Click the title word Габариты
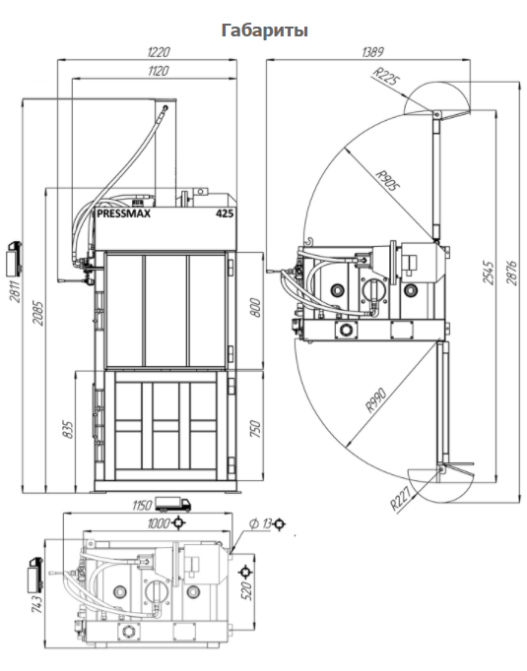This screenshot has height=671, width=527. click(264, 30)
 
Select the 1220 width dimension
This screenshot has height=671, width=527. click(159, 52)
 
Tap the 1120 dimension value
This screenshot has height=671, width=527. click(158, 71)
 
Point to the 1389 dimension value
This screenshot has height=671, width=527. click(372, 52)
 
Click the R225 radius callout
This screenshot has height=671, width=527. click(386, 77)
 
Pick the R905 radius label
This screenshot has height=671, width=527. click(388, 180)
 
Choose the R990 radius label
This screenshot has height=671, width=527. click(376, 399)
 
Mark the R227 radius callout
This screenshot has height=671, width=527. click(400, 498)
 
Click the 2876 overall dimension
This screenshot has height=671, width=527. click(511, 273)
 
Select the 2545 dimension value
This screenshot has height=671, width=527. click(489, 273)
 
